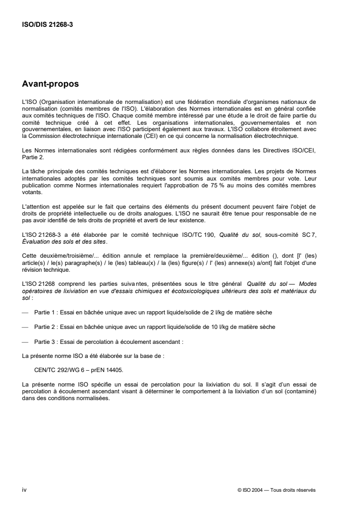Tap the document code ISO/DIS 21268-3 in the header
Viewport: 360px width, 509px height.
(48, 25)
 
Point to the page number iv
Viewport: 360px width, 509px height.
(24, 477)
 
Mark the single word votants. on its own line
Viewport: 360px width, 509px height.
(31, 191)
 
